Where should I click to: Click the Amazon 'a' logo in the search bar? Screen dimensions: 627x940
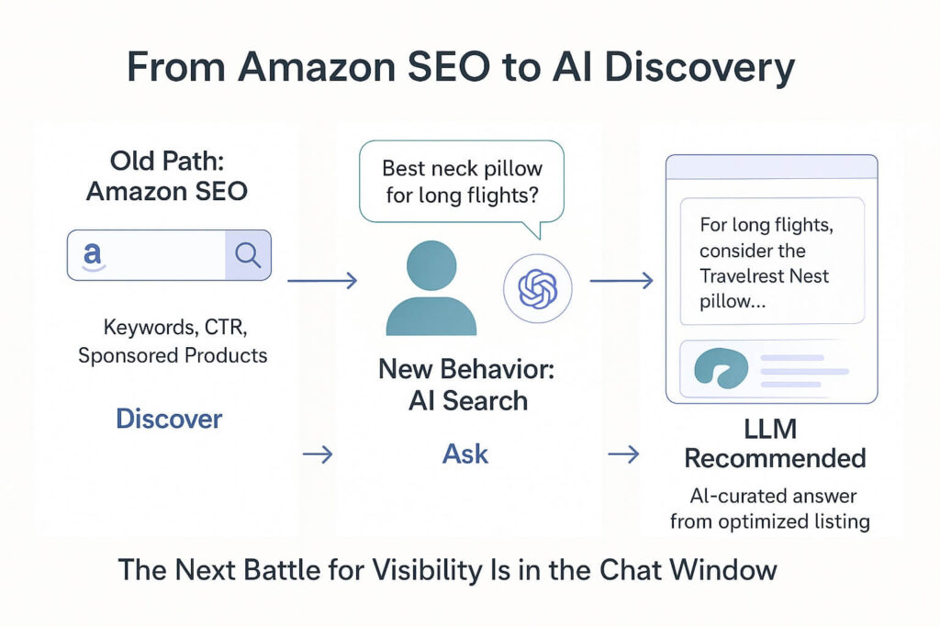(92, 254)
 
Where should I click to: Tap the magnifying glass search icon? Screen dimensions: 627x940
(248, 254)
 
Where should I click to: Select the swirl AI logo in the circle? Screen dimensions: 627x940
(537, 289)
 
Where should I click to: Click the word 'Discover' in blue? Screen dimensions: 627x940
(169, 419)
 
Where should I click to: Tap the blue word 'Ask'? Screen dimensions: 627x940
(465, 453)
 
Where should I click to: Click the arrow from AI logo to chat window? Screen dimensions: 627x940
(621, 280)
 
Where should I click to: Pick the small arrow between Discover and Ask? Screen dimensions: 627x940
(318, 453)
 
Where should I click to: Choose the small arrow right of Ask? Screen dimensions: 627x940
(623, 453)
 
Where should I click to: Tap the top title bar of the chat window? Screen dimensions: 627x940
(772, 167)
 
